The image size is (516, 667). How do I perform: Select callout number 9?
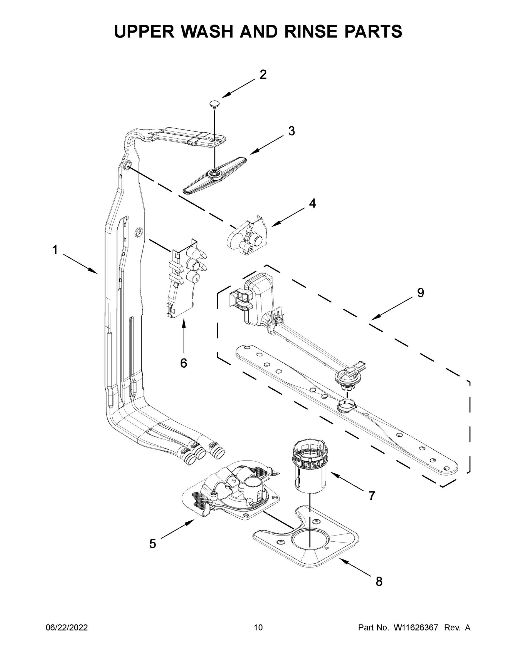click(x=421, y=293)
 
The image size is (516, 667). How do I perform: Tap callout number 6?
click(x=183, y=363)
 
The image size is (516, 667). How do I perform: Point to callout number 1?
click(x=55, y=250)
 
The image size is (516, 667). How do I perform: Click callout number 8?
click(x=379, y=581)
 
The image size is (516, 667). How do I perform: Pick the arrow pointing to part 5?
click(x=177, y=529)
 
